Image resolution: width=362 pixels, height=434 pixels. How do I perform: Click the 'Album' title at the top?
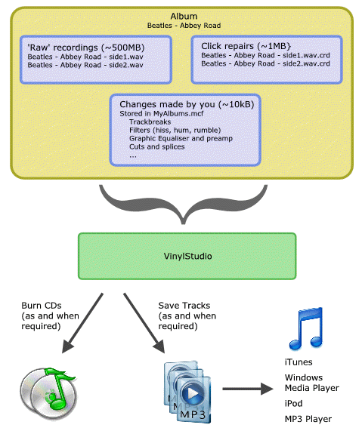tap(184, 16)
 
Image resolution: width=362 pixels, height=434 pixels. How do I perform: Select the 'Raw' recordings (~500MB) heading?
tap(86, 48)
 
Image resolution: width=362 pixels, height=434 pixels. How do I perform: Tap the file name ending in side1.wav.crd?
tap(265, 55)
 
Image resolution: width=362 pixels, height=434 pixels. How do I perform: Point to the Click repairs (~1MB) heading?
tap(246, 46)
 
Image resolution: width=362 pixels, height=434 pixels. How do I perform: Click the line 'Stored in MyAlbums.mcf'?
tap(162, 113)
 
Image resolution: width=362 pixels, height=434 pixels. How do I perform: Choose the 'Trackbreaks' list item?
tap(150, 122)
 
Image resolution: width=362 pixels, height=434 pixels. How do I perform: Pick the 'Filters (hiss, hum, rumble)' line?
tap(175, 130)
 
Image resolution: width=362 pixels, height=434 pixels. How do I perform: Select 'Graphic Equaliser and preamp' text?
tap(181, 138)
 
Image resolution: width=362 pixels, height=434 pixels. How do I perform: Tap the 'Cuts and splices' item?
tap(157, 146)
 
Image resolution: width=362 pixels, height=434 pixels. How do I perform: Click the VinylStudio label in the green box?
tap(187, 256)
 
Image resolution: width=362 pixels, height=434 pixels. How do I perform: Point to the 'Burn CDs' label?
tap(42, 305)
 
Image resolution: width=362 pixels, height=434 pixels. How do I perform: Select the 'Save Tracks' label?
tap(184, 305)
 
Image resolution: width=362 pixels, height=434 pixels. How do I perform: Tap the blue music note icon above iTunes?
tap(306, 328)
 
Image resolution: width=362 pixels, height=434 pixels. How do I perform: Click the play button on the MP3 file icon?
tap(193, 393)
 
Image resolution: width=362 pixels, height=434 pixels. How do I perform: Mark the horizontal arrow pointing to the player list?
tap(248, 389)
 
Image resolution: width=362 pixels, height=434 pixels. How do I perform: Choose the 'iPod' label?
tap(293, 404)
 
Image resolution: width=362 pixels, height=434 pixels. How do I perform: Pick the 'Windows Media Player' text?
tap(312, 383)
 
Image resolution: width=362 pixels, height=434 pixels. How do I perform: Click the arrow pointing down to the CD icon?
tap(82, 323)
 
